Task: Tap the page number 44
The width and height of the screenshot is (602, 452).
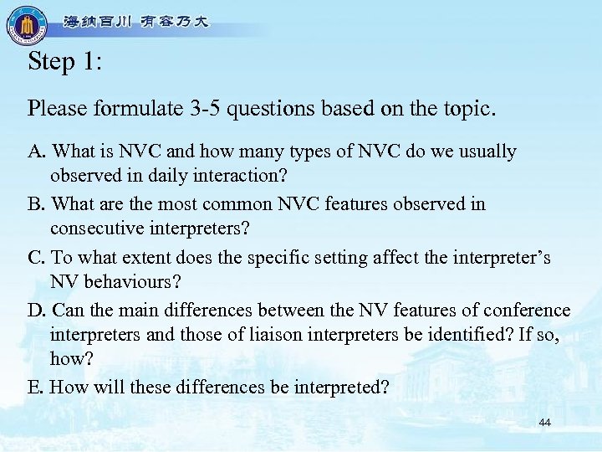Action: tap(545, 423)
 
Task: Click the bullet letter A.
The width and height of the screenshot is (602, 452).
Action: tap(35, 152)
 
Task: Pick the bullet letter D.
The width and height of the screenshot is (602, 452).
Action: tap(35, 310)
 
